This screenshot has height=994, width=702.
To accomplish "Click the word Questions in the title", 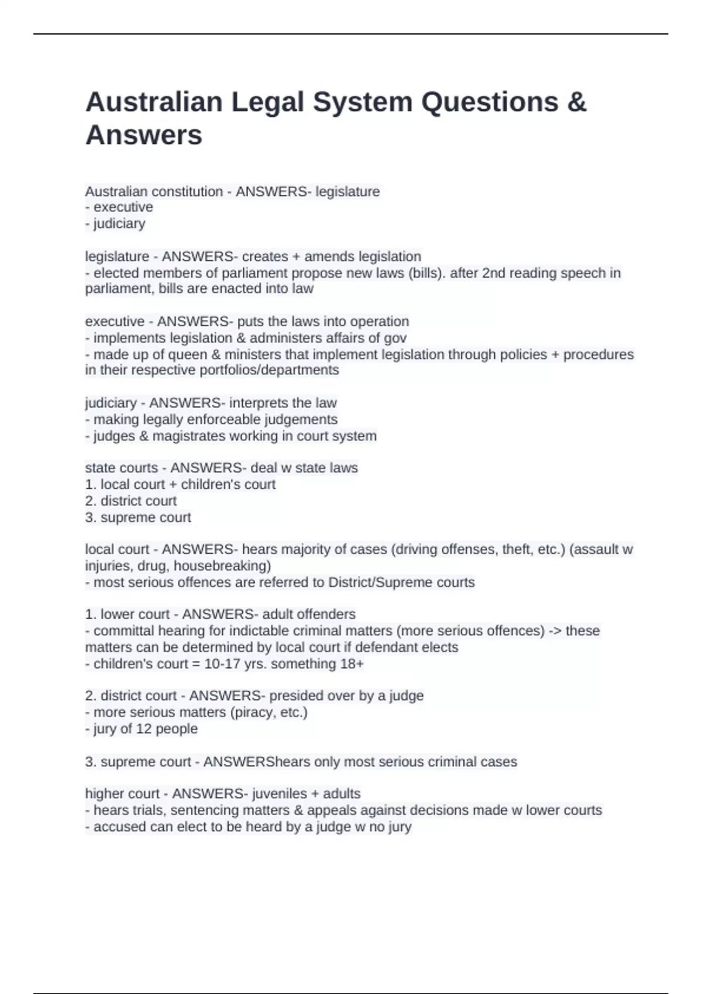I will pyautogui.click(x=490, y=102).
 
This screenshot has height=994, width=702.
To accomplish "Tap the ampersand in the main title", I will pyautogui.click(x=577, y=102).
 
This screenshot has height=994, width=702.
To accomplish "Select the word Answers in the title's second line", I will pyautogui.click(x=144, y=135).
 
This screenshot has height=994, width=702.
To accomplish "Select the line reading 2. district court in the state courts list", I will pyautogui.click(x=130, y=501).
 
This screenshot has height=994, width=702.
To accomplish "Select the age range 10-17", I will pyautogui.click(x=222, y=664).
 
